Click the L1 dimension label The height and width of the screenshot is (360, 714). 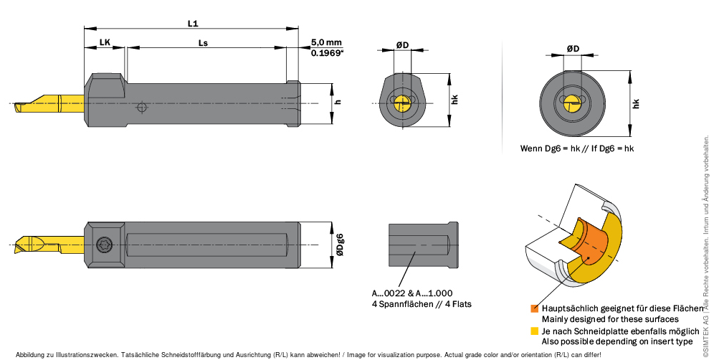[x=192, y=23]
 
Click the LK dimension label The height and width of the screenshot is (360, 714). [x=105, y=42]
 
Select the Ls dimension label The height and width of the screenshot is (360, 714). [x=203, y=42]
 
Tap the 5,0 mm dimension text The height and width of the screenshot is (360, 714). [x=327, y=42]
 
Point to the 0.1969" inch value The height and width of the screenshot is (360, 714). [x=327, y=53]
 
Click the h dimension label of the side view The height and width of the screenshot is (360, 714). [x=338, y=102]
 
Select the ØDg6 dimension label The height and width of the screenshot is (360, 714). [x=340, y=244]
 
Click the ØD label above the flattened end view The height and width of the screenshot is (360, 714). [x=402, y=45]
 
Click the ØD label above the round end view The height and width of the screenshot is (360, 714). [x=573, y=48]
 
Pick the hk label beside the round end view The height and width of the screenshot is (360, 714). [x=636, y=103]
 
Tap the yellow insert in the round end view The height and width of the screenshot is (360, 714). [x=571, y=103]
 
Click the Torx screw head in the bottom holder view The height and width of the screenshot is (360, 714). [x=105, y=244]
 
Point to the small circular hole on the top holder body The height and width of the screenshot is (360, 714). [x=143, y=108]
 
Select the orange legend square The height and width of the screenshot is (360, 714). [x=534, y=308]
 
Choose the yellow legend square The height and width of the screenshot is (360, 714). [x=534, y=331]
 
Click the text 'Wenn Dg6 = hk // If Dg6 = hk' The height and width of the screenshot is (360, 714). [x=577, y=148]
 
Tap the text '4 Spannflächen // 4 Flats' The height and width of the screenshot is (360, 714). [x=422, y=304]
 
